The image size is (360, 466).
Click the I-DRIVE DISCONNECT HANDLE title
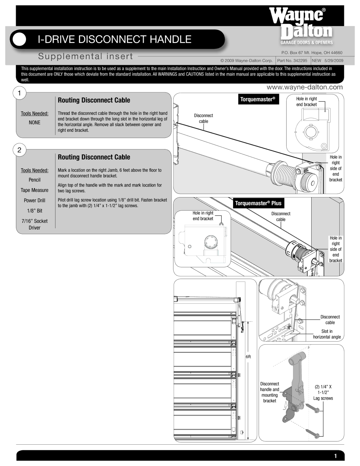click(x=114, y=39)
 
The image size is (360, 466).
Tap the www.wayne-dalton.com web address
click(x=305, y=87)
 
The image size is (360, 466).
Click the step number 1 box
click(x=20, y=93)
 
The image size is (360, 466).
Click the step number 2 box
click(x=20, y=150)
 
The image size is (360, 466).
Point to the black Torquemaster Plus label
click(x=258, y=203)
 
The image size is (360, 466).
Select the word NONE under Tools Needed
click(x=34, y=122)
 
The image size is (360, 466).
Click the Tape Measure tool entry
click(x=34, y=190)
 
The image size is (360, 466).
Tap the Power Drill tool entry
click(x=34, y=200)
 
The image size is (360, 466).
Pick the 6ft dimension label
click(x=248, y=357)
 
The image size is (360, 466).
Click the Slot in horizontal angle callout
click(x=327, y=334)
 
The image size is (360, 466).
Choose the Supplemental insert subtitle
click(x=85, y=56)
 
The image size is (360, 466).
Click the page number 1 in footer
click(x=335, y=456)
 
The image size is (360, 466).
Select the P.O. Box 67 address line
click(x=312, y=53)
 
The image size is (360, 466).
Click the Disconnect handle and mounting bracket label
click(x=269, y=392)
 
